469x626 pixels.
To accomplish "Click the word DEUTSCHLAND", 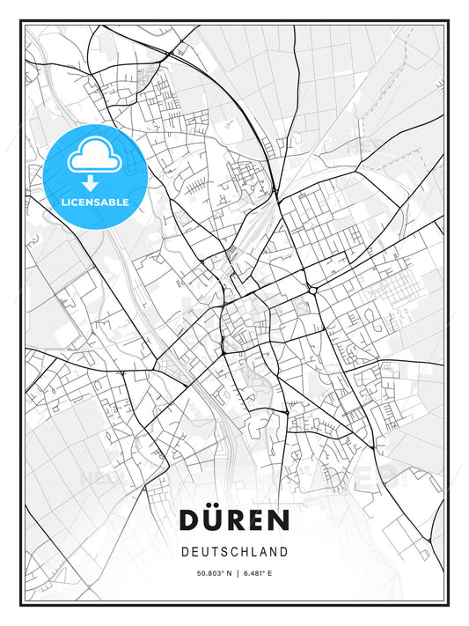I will (234, 552).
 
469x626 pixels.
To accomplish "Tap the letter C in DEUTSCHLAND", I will (230, 552).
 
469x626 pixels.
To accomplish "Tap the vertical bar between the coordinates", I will (234, 574).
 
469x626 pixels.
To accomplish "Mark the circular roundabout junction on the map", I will (313, 289).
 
